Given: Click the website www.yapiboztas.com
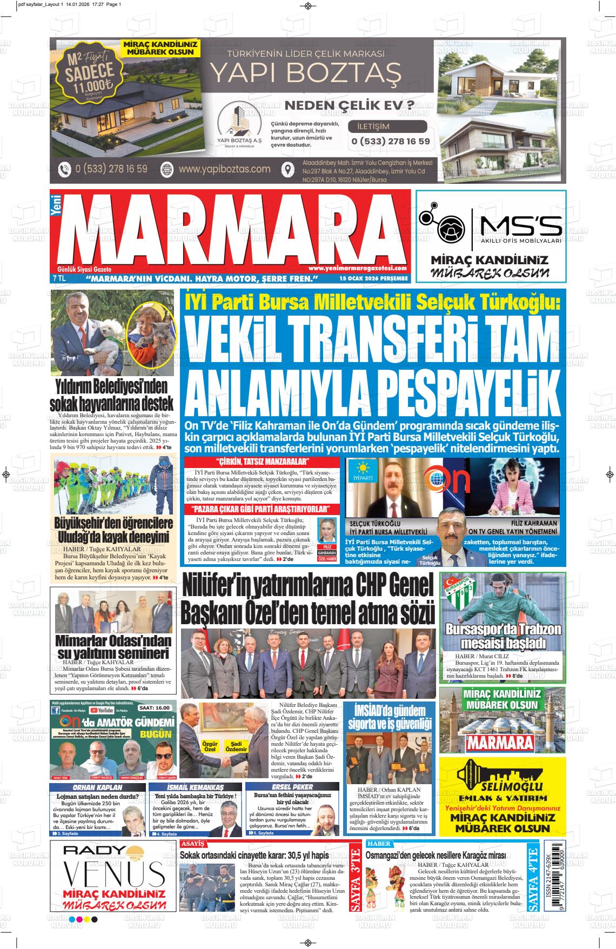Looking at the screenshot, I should (x=224, y=169).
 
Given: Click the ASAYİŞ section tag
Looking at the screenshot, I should (x=193, y=844).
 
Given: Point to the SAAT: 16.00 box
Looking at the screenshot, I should (x=154, y=707).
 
